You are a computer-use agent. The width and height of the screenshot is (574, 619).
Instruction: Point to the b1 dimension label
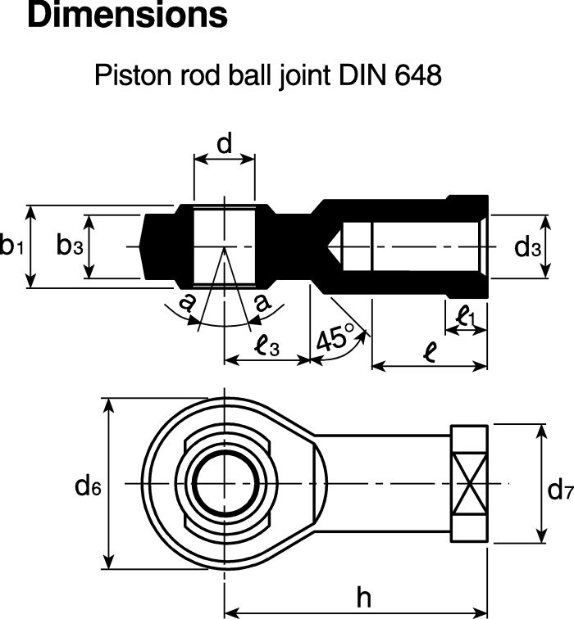pyautogui.click(x=11, y=246)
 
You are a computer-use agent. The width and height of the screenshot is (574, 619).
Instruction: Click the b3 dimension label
pyautogui.click(x=69, y=246)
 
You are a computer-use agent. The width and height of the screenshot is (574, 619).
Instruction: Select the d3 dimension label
pyautogui.click(x=528, y=246)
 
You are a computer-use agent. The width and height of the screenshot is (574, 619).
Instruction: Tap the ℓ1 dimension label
pyautogui.click(x=466, y=316)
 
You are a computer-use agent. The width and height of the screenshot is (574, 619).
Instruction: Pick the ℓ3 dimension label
pyautogui.click(x=266, y=347)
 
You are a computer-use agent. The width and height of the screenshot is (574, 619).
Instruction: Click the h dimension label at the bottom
pyautogui.click(x=363, y=599)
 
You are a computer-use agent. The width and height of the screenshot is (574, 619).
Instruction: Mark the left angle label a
pyautogui.click(x=188, y=303)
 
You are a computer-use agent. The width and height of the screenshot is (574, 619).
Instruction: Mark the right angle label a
pyautogui.click(x=262, y=303)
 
